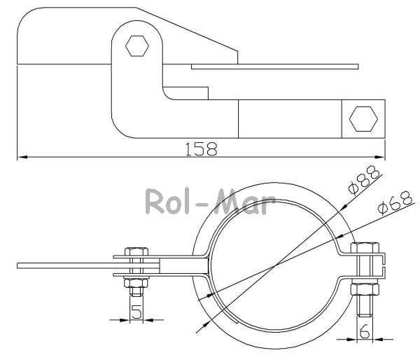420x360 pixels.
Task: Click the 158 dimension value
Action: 201,148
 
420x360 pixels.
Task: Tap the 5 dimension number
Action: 136,312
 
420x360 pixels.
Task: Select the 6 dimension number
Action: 365,331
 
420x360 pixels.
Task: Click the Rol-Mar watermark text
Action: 210,201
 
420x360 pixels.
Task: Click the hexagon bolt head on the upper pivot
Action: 137,46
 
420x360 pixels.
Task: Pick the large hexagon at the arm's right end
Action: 363,119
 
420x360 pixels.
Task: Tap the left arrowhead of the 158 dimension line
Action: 22,157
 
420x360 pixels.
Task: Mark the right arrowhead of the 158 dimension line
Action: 380,157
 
